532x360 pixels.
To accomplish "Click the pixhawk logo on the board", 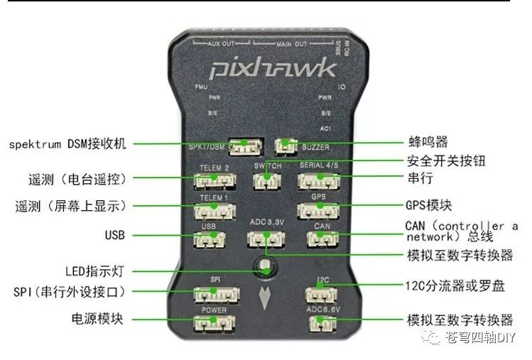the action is click(272, 68).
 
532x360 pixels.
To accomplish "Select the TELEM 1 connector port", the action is click(214, 211).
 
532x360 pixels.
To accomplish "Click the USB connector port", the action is click(209, 239).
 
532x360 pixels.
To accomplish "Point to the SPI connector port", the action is click(216, 293).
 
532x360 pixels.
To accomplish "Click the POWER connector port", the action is click(214, 324).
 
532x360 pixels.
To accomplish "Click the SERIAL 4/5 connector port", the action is click(320, 181).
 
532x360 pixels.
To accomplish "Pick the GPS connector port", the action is click(320, 210).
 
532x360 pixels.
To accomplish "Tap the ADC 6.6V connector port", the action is click(321, 324).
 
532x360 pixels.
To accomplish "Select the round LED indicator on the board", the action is click(266, 268).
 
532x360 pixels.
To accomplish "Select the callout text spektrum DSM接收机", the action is click(67, 143).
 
